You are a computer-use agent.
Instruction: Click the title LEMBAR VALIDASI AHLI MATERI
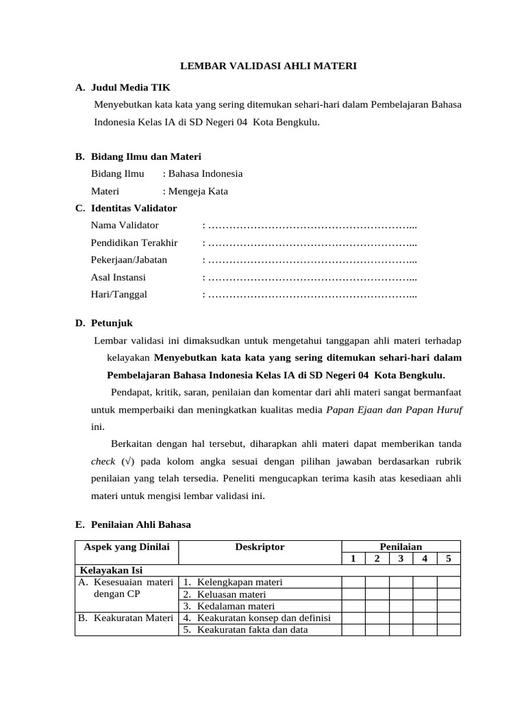pyautogui.click(x=268, y=66)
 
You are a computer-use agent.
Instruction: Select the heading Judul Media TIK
pyautogui.click(x=131, y=88)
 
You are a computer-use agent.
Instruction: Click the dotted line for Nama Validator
pyautogui.click(x=312, y=226)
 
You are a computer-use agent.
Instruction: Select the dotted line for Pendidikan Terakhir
pyautogui.click(x=312, y=243)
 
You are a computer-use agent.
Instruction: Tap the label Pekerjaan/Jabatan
pyautogui.click(x=129, y=260)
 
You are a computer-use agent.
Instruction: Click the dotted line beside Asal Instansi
pyautogui.click(x=312, y=278)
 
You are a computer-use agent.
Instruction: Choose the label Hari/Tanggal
pyautogui.click(x=119, y=295)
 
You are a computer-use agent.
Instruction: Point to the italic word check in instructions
pyautogui.click(x=103, y=461)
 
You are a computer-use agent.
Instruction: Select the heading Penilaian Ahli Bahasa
pyautogui.click(x=141, y=524)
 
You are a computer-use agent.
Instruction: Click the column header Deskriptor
pyautogui.click(x=260, y=547)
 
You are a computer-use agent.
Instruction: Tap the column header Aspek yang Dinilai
pyautogui.click(x=126, y=547)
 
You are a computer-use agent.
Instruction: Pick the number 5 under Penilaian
pyautogui.click(x=449, y=559)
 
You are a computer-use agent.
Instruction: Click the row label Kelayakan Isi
pyautogui.click(x=112, y=570)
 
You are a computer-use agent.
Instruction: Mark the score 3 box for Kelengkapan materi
pyautogui.click(x=401, y=583)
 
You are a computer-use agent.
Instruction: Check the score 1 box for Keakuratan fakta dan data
pyautogui.click(x=353, y=630)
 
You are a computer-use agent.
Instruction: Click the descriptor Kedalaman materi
pyautogui.click(x=236, y=606)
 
